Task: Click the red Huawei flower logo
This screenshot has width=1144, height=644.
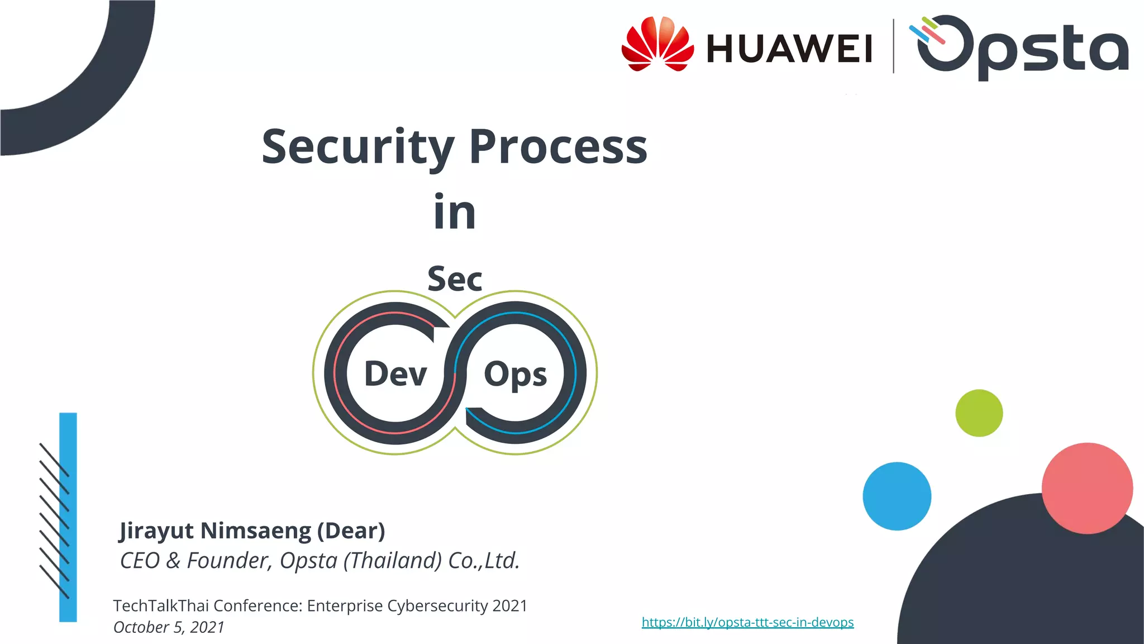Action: coord(657,45)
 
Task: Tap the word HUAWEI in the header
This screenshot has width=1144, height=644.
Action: coord(789,49)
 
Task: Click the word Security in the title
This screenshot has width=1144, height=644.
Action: coord(357,146)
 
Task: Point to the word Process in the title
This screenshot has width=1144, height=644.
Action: coord(558,146)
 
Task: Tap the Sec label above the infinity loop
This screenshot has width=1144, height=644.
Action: coord(455,279)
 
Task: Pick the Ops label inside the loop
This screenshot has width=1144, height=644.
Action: coord(515,375)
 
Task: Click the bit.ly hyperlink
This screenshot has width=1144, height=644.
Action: coord(747,622)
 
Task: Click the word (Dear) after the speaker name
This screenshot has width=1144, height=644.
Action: coord(351,531)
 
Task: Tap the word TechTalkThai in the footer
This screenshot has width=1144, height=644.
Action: coord(161,606)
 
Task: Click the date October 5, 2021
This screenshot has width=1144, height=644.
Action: coord(169,627)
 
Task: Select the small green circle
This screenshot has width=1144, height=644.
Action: coord(979,413)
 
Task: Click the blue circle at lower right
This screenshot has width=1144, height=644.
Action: coord(897,496)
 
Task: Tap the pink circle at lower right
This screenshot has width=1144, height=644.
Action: coord(1086,488)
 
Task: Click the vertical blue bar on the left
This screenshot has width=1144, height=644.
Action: coord(68,517)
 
